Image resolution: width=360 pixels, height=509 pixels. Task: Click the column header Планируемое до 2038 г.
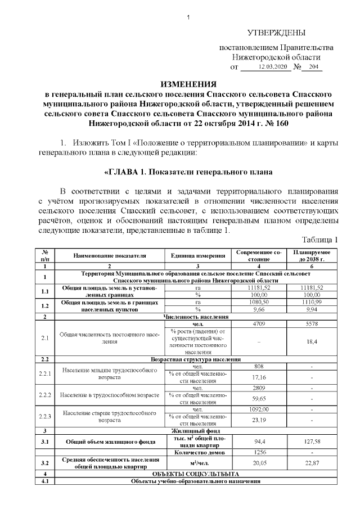[311, 255]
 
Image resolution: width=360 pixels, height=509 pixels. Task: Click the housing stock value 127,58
[311, 442]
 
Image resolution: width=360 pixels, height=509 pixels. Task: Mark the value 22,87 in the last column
[311, 463]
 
